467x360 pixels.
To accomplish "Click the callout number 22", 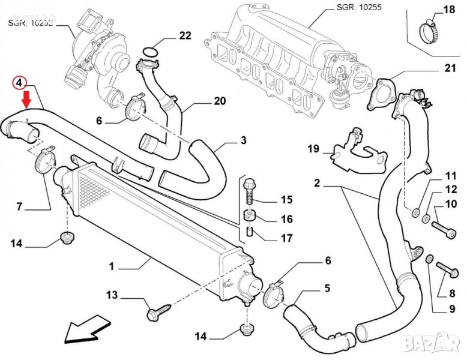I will tap(185, 36).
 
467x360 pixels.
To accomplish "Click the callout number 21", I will tap(450, 68).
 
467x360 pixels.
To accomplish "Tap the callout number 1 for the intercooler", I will tap(111, 264).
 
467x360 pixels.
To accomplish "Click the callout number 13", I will tap(112, 295).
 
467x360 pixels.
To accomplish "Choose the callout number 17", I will tap(286, 239).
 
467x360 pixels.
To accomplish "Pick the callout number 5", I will tap(327, 289).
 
